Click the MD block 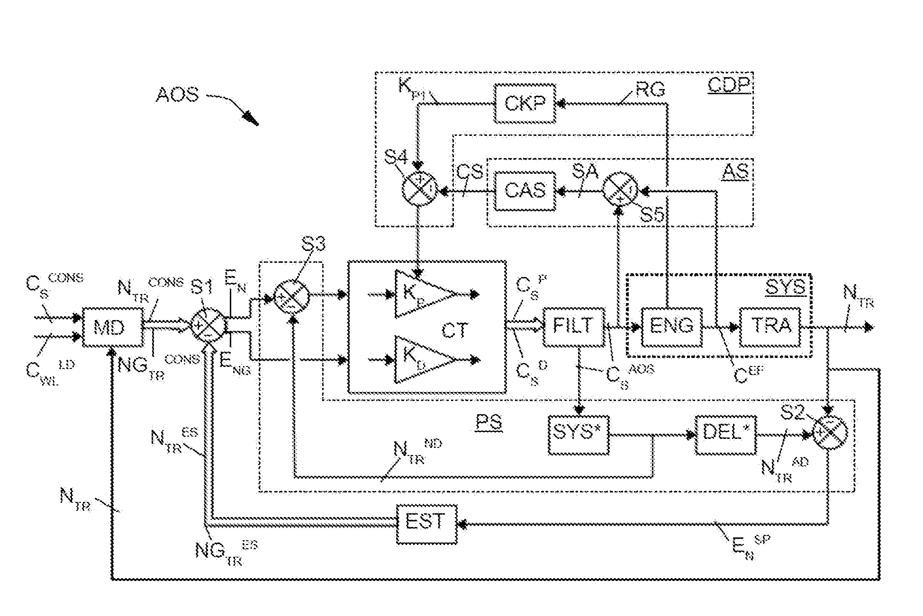click(x=112, y=327)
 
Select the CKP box click(x=525, y=103)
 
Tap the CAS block click(x=525, y=191)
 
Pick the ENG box click(x=672, y=327)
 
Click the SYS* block click(x=578, y=434)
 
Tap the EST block click(x=426, y=524)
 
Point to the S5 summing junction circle click(x=620, y=189)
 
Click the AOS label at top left click(x=177, y=95)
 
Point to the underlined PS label click(x=489, y=422)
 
